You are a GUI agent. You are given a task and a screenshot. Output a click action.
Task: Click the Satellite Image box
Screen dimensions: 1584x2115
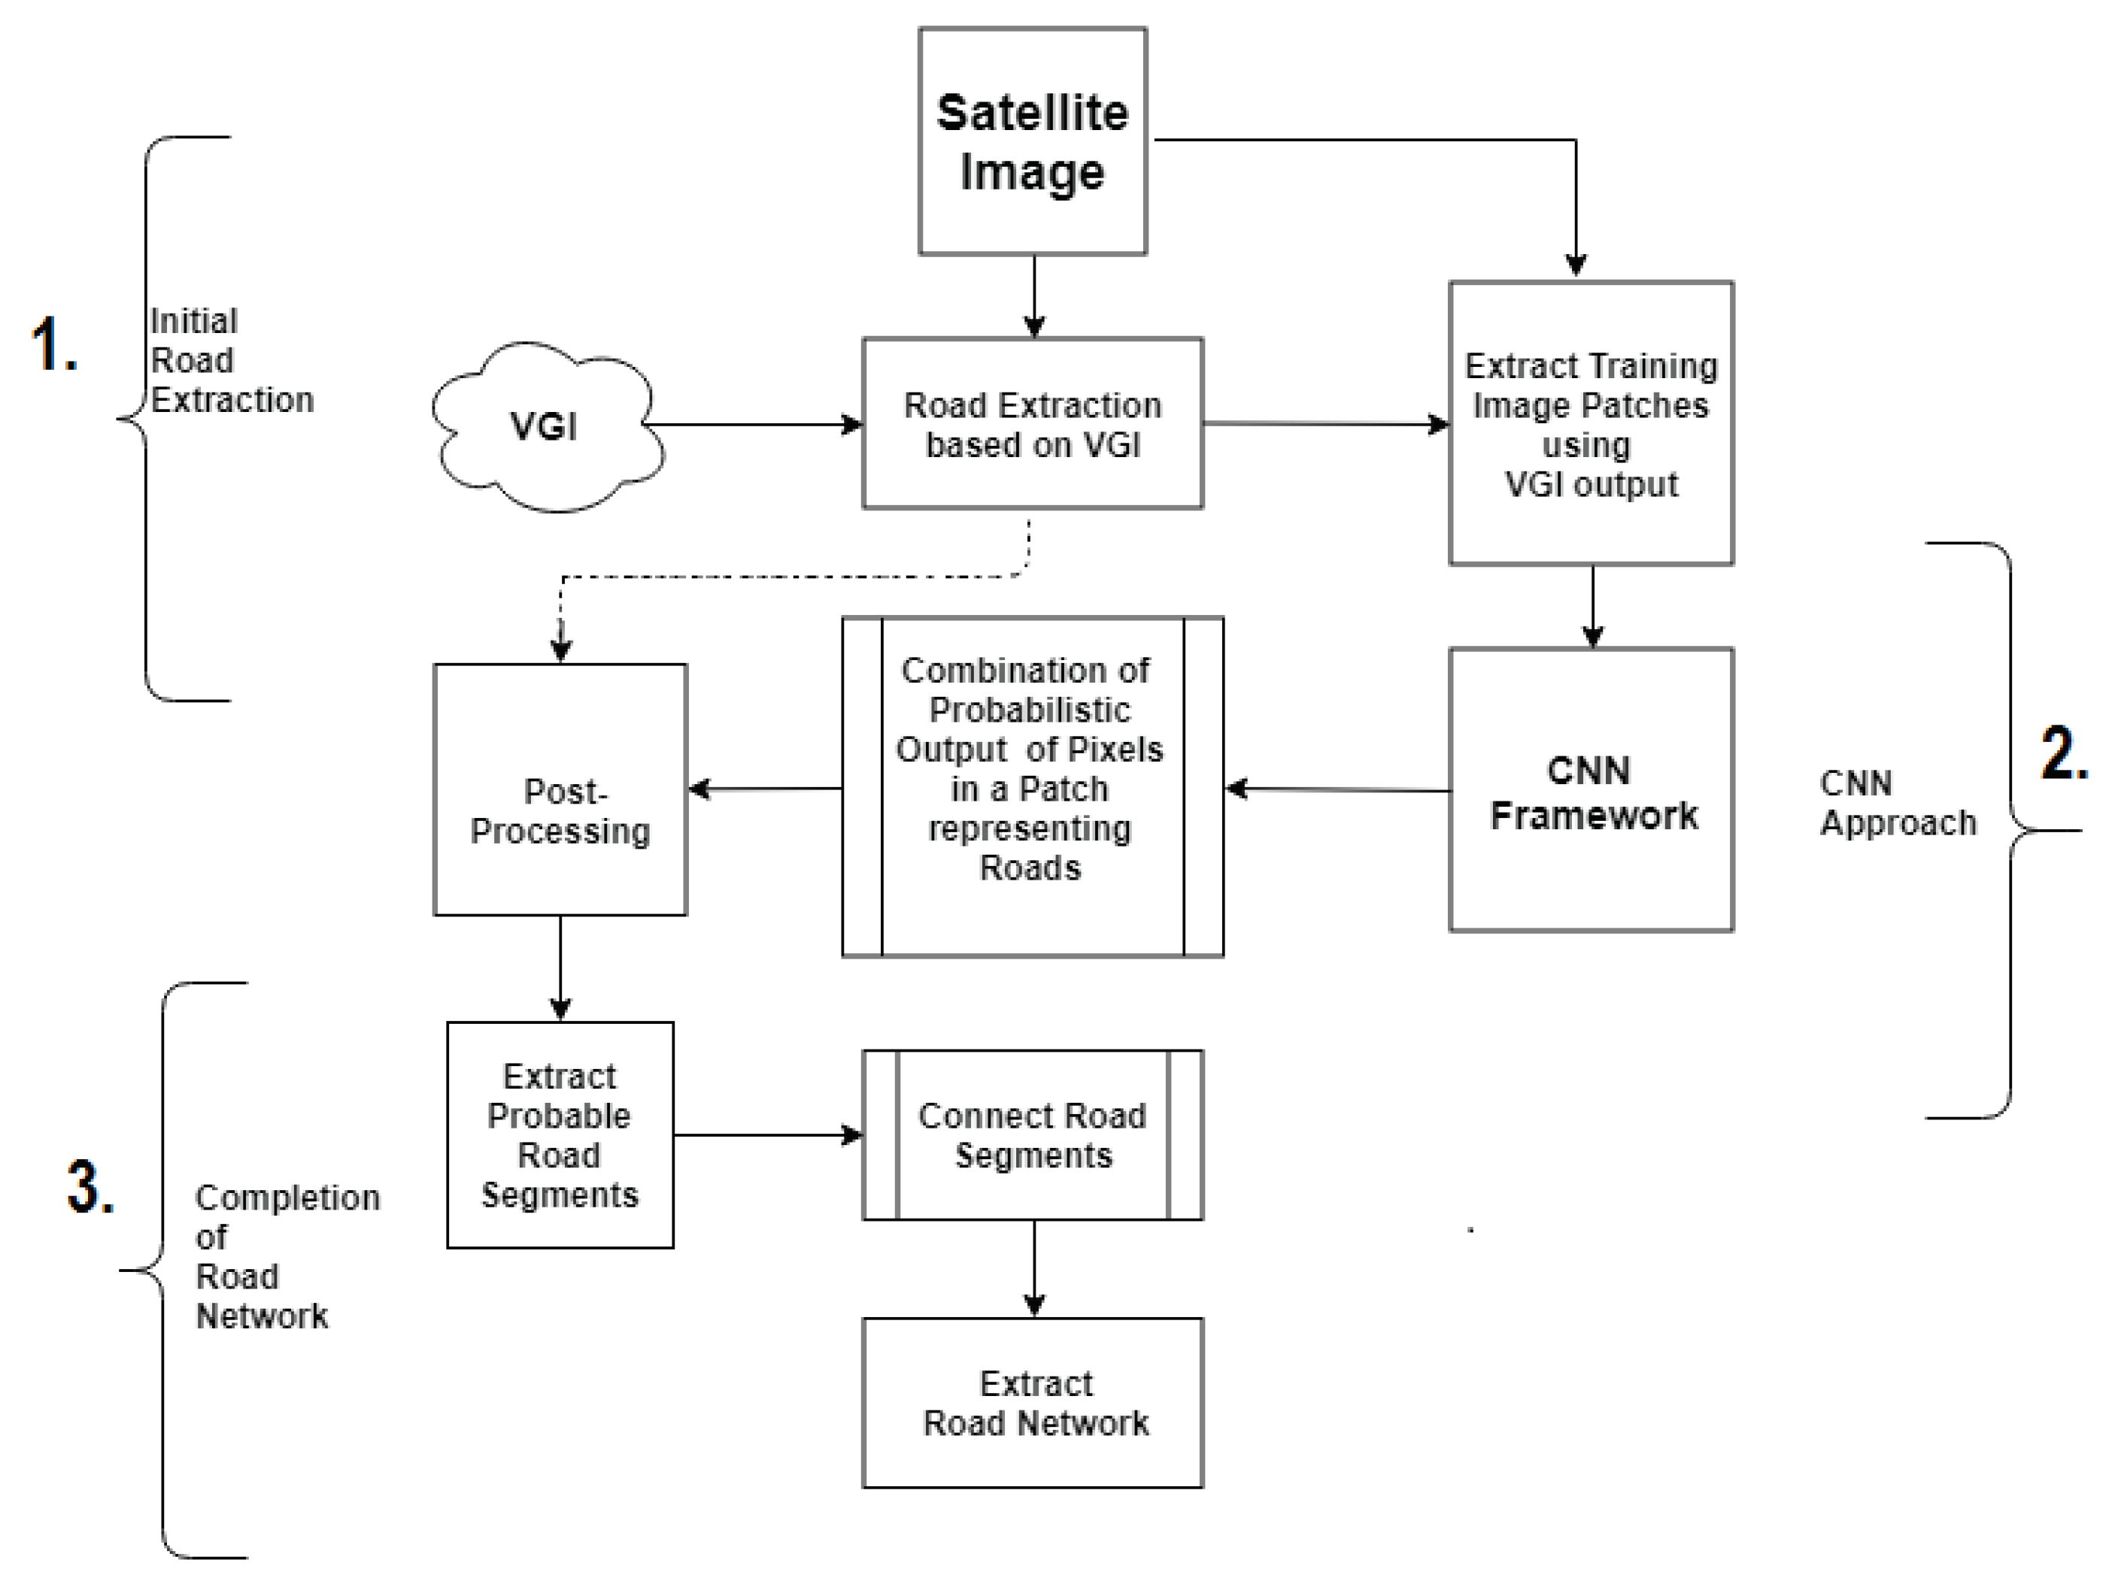1033,141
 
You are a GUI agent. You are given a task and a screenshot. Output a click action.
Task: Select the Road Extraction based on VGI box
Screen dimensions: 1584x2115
1033,423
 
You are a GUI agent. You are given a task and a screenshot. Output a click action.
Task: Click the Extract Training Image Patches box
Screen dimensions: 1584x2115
1591,423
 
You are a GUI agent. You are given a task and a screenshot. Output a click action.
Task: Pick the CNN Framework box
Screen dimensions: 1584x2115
1591,791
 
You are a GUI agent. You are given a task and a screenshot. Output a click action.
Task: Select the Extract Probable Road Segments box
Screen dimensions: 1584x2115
560,1136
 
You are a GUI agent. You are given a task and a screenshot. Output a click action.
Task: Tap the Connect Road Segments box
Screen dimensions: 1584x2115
1033,1136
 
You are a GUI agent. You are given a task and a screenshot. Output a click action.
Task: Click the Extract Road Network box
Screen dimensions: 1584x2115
1033,1404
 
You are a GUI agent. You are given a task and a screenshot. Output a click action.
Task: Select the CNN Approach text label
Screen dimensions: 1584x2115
1895,803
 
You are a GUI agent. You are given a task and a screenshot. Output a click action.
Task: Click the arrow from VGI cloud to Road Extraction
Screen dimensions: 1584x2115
755,425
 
